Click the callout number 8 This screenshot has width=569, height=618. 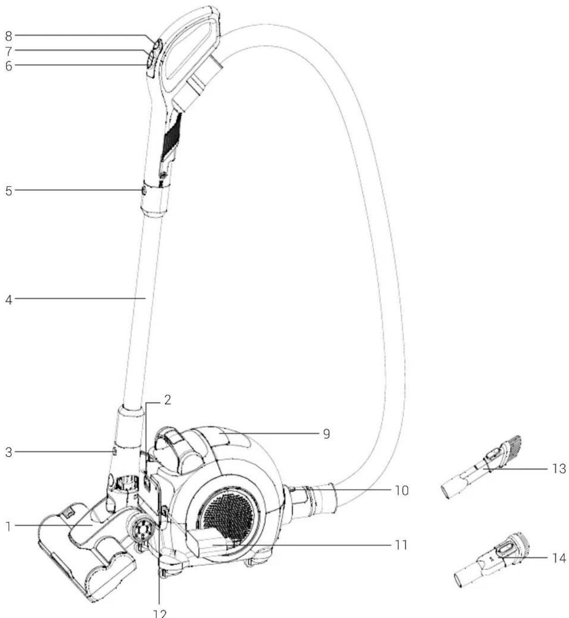coord(9,36)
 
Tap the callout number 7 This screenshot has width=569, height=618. coord(9,51)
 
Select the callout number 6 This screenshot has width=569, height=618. coord(9,66)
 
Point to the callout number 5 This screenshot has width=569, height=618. coord(9,191)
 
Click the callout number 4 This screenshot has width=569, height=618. coord(9,299)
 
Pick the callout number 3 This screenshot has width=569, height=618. coord(9,452)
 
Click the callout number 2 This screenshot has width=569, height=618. coord(167,400)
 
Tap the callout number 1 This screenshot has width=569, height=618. coord(9,527)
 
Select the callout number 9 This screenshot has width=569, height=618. coord(326,434)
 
